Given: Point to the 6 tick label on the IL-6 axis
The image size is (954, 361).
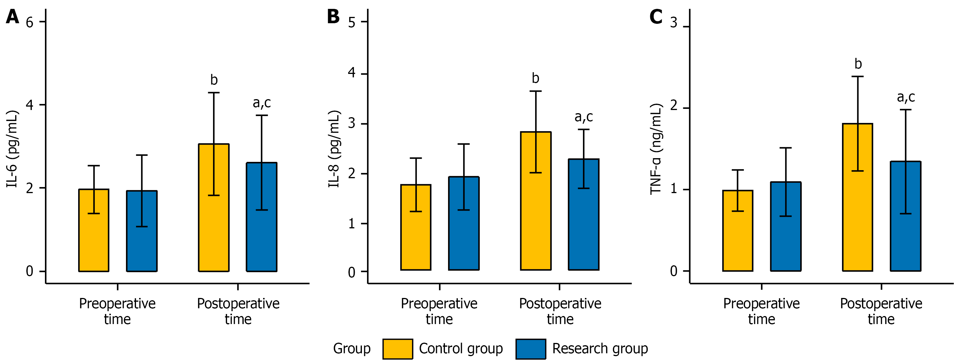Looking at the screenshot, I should tap(29, 22).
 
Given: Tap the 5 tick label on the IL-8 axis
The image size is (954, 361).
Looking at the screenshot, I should tap(352, 22).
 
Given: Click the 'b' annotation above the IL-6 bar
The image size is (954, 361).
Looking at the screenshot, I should tap(214, 80).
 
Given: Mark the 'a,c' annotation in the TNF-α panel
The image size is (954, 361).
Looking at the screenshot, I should tap(906, 97).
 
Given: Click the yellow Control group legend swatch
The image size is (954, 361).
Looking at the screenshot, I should tap(398, 349).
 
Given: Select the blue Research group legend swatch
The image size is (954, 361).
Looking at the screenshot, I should tap(530, 349).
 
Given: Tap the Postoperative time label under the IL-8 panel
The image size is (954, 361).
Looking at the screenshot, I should tap(560, 311).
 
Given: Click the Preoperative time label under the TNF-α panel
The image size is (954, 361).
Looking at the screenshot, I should tap(761, 311).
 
